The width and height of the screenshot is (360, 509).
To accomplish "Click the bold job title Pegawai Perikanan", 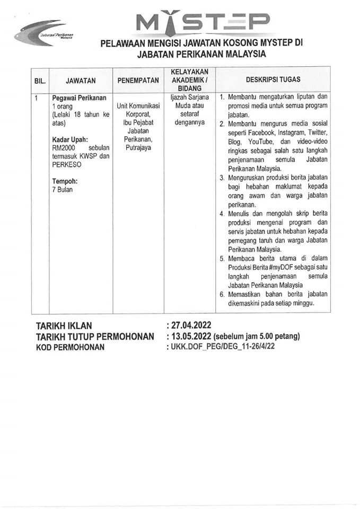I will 79,98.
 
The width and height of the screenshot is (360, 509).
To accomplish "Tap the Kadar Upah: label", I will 69,139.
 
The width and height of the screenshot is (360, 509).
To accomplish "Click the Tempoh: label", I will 64,181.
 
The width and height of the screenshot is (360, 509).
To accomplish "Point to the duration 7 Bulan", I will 63,189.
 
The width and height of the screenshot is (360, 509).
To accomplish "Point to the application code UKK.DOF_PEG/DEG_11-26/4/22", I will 223,347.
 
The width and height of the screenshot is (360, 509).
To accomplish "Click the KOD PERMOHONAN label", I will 70,347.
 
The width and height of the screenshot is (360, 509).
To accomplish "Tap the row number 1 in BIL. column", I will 35,98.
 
